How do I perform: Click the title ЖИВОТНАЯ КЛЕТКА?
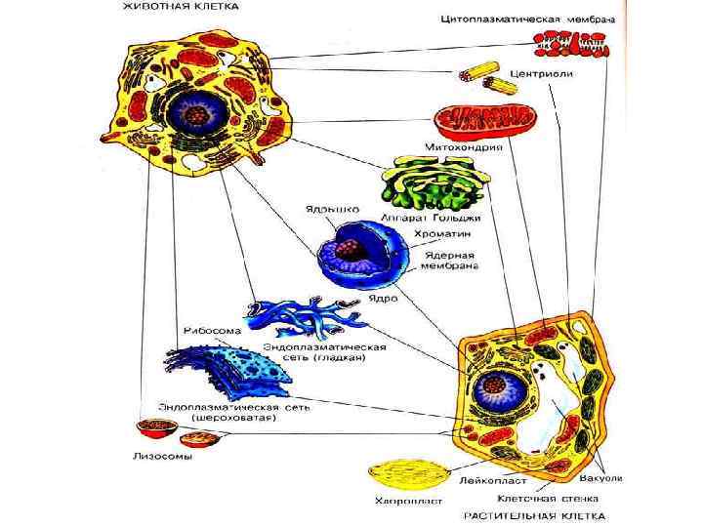pyautogui.click(x=179, y=8)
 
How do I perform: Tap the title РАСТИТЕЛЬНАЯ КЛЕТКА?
pyautogui.click(x=533, y=514)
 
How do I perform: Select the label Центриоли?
pyautogui.click(x=539, y=73)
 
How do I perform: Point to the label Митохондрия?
pyautogui.click(x=462, y=147)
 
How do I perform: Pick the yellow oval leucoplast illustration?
pyautogui.click(x=402, y=475)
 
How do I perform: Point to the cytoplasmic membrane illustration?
pyautogui.click(x=570, y=42)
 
